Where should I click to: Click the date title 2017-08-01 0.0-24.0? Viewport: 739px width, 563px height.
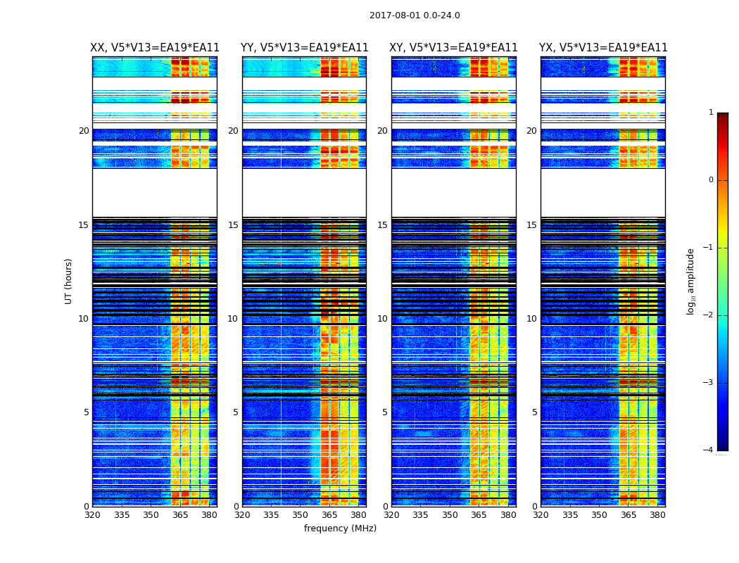pos(415,15)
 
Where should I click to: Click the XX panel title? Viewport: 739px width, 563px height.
pos(155,48)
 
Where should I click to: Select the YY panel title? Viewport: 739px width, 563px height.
pos(304,48)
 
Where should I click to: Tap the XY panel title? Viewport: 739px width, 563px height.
pos(453,48)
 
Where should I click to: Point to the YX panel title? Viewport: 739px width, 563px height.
pos(603,48)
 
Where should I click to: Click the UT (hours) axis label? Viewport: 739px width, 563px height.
pos(68,281)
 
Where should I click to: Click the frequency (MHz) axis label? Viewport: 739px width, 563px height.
pos(340,529)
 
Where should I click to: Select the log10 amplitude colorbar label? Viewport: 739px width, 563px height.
pos(691,281)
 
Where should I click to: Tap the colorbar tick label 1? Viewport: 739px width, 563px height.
pos(710,113)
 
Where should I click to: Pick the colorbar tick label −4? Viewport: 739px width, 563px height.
pos(709,450)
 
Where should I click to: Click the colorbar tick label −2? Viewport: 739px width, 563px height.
pos(709,315)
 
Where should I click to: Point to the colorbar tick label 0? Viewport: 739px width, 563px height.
pos(710,180)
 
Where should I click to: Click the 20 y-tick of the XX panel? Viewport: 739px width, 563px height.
pos(84,131)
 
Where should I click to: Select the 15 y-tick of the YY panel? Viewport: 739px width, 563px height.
pos(232,225)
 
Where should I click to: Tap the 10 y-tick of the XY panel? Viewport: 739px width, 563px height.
pos(381,319)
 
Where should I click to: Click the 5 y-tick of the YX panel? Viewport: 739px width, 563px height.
pos(534,412)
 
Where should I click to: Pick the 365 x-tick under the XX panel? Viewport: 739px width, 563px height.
pos(180,515)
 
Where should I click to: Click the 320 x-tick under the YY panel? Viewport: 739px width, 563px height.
pos(242,515)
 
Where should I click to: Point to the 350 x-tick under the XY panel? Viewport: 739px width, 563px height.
pos(450,515)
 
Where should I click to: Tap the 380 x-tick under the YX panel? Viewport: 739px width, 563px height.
pos(657,515)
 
